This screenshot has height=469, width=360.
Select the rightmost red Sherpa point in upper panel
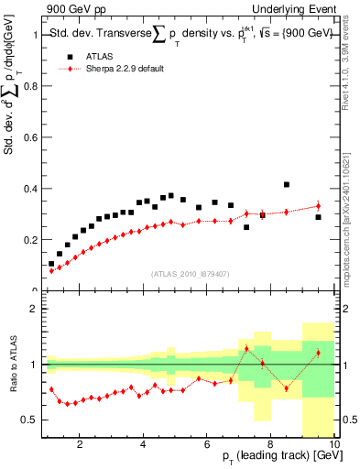(318, 206)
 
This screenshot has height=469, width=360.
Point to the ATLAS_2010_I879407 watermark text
(189, 272)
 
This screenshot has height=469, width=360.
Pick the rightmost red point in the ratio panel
(318, 353)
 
